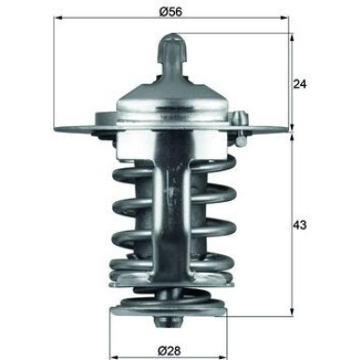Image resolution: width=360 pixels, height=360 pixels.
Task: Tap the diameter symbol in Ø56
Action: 162,11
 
